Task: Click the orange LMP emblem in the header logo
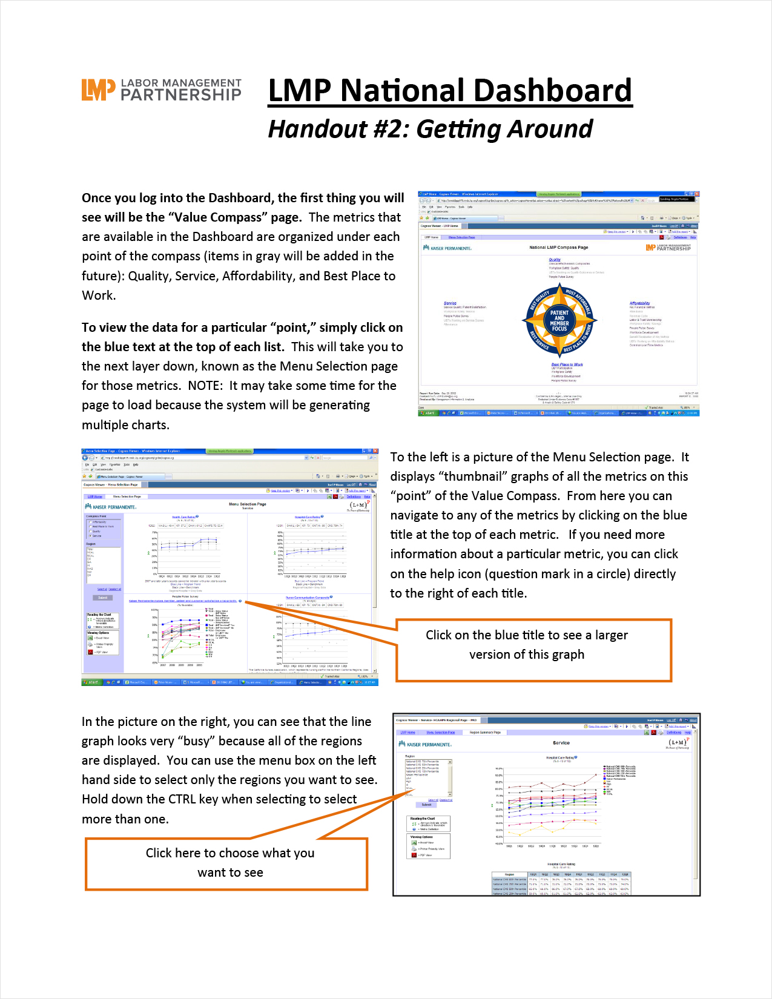pos(98,90)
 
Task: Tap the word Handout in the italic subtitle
pos(318,129)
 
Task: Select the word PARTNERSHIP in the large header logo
pos(181,95)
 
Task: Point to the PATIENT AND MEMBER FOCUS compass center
pos(559,321)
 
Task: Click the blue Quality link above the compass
pos(555,260)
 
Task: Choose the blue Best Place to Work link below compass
pos(567,364)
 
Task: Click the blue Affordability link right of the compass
pos(639,303)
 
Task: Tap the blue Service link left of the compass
pos(450,303)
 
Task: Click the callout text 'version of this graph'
pos(527,654)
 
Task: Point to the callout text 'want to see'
pos(230,872)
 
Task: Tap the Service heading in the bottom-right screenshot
pos(561,743)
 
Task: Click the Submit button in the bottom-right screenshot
pos(427,805)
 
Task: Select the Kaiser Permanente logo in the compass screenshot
pos(447,248)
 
